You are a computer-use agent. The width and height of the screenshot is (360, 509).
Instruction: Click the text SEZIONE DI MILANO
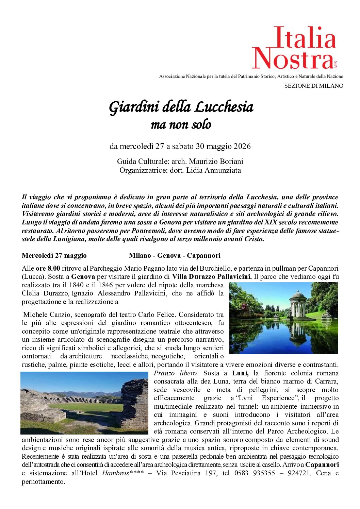pos(313,86)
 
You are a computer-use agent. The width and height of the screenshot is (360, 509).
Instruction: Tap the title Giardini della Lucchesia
pos(181,107)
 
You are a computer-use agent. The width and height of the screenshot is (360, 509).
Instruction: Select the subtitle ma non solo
pos(181,125)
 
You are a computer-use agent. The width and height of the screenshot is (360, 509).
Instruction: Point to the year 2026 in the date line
pos(242,147)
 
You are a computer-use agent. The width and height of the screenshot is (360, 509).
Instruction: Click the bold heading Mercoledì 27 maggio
pos(54,256)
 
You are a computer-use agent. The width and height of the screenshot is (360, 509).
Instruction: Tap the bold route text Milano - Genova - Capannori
pos(175,256)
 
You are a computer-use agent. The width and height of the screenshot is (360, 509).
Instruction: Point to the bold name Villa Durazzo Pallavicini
pos(212,277)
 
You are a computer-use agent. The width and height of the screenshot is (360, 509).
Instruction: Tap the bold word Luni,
pos(240,373)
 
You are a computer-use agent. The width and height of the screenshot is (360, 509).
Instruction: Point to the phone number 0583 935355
pos(255,473)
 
